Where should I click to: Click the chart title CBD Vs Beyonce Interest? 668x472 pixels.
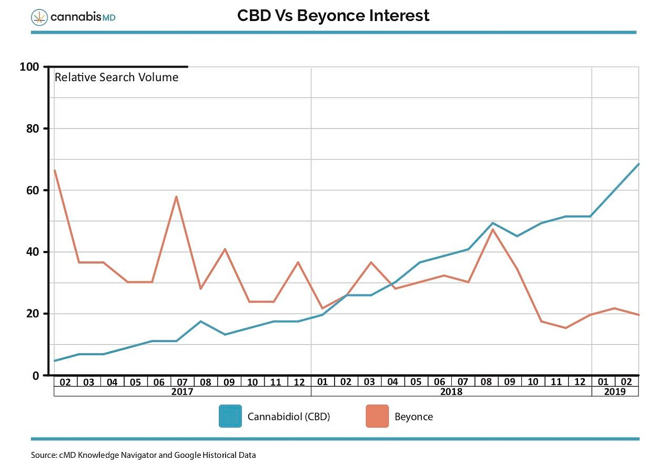coord(333,16)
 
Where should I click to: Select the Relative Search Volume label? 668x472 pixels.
coord(116,78)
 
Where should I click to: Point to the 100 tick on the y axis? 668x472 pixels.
coord(29,67)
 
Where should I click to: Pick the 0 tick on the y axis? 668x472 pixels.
coord(36,375)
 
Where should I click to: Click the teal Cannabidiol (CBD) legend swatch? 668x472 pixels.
coord(230,416)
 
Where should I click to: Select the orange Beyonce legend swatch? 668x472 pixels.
coord(377,416)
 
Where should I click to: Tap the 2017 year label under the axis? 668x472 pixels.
coord(183,392)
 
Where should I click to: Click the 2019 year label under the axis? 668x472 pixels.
coord(615,392)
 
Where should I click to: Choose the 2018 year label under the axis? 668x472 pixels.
coord(451,392)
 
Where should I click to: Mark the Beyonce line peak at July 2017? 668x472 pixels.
coord(177,196)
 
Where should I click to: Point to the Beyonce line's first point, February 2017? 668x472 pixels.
coord(55,170)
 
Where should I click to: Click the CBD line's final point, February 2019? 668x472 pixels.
coord(639,164)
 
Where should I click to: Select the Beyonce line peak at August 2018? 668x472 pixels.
coord(493,229)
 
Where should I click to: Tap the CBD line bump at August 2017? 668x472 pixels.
coord(200,321)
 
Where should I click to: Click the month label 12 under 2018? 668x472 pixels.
coord(580,382)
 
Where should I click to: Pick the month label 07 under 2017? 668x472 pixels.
coord(183,382)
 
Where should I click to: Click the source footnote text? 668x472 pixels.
coord(143,455)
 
